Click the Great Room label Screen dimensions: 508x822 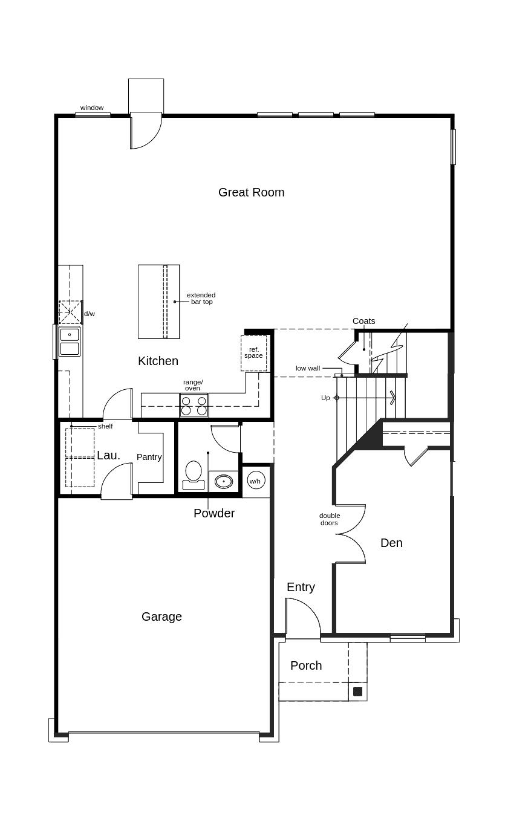[251, 192]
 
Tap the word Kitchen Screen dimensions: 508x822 [158, 361]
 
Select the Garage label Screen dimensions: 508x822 [161, 616]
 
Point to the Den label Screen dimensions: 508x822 [391, 543]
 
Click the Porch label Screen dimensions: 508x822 [306, 665]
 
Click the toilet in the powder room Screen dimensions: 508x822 [194, 475]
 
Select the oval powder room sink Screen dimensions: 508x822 [224, 481]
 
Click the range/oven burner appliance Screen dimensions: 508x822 [194, 405]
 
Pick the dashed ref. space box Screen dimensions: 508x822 [253, 353]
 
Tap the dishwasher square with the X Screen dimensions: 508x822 [70, 312]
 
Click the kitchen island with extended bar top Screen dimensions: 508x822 [159, 302]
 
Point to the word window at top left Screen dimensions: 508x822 [92, 108]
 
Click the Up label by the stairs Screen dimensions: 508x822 [325, 398]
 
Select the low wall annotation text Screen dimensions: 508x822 [308, 368]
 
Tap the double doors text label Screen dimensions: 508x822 [329, 519]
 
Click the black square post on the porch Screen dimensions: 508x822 [357, 691]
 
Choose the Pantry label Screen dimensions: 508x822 [149, 457]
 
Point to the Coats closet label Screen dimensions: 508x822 [363, 321]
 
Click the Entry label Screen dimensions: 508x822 [301, 587]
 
